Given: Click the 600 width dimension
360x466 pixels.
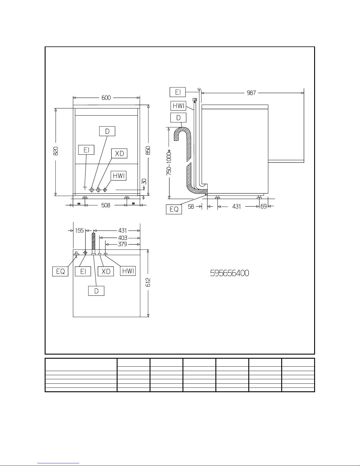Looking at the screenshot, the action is point(106,98).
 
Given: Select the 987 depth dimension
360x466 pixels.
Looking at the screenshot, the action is point(251,93).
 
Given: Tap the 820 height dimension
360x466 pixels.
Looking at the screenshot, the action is point(56,151).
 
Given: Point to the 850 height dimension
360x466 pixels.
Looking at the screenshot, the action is point(148,151).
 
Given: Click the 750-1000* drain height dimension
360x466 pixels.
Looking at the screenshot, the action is point(169,163).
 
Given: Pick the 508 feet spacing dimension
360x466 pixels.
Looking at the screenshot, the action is point(106,206).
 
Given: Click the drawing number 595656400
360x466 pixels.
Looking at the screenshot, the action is point(230,273).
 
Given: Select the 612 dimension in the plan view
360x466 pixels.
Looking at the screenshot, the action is point(148,283).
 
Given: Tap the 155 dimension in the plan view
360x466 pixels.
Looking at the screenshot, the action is point(79,231).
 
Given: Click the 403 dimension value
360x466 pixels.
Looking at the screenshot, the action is point(123,238).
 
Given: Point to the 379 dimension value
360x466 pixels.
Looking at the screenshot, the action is point(122,244).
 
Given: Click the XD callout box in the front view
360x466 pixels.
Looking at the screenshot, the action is point(119,153).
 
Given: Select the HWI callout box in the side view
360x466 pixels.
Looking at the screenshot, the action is point(178,106).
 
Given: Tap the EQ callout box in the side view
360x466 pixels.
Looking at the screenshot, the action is point(174,209).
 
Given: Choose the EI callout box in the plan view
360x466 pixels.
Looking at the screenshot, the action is point(83,271).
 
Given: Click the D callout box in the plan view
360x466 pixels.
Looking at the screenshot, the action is point(96,291).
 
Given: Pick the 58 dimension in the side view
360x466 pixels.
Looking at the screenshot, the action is point(191,206).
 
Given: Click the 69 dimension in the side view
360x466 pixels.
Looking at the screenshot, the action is point(264,206).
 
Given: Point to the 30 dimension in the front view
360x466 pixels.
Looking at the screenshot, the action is point(144,181).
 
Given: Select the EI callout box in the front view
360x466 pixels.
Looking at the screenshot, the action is point(86,150).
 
